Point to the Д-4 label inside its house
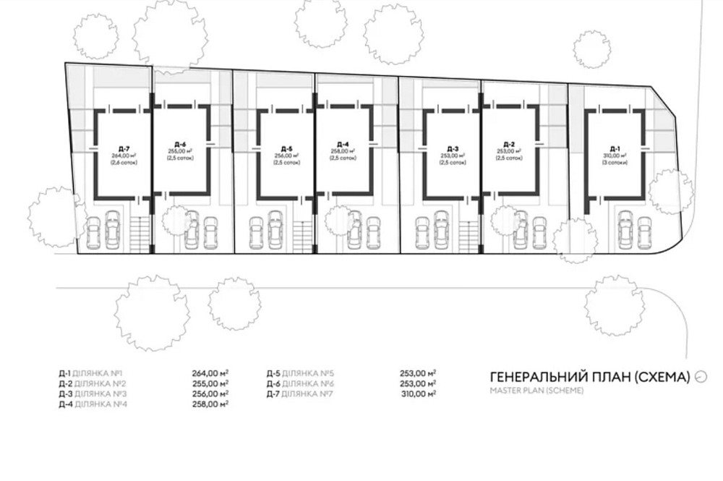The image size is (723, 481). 343,143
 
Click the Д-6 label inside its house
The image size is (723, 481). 181,143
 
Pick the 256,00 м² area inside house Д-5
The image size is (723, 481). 286,156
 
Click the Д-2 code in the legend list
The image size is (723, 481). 65,383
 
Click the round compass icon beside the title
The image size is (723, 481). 700,376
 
